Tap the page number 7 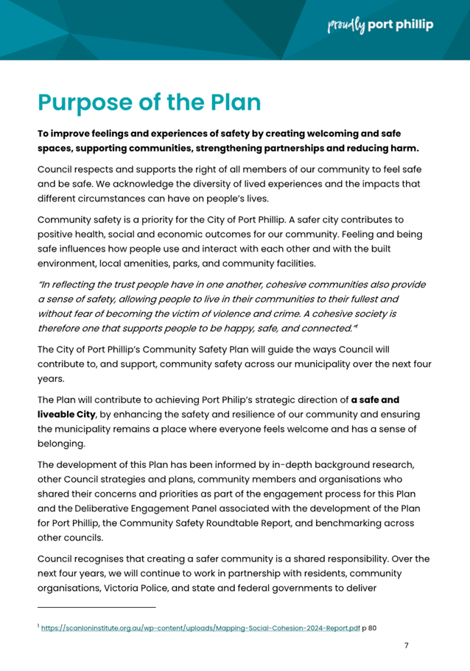[406, 645]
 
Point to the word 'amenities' [158, 263]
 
